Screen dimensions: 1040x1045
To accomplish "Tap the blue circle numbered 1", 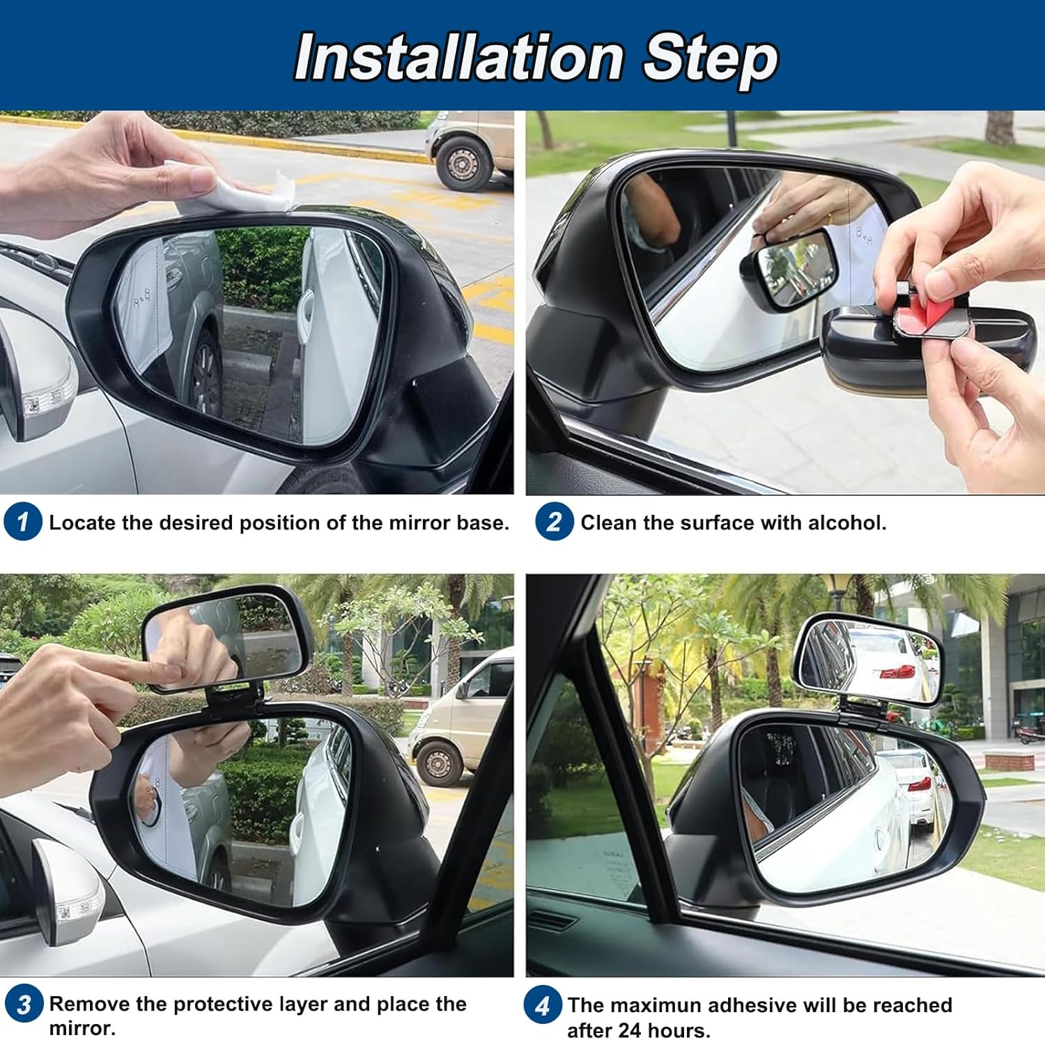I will [22, 522].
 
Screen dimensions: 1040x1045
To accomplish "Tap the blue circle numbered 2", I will [554, 522].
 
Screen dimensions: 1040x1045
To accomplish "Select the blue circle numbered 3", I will [23, 1004].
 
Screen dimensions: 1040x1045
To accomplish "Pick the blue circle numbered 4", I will [542, 1005].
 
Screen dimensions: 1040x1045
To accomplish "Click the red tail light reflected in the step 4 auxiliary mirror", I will [897, 672].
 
